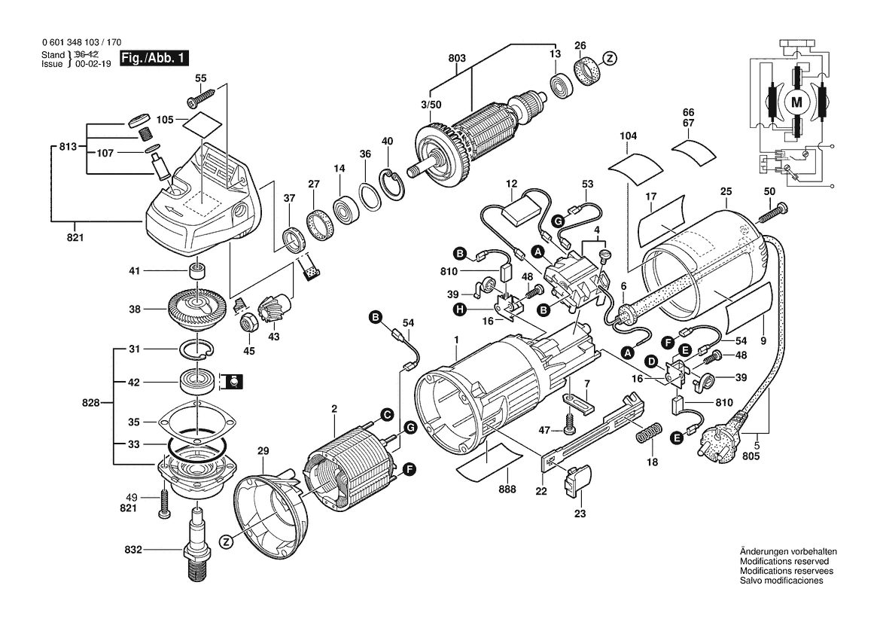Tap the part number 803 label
[457, 58]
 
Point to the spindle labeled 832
[197, 546]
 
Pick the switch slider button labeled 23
[579, 480]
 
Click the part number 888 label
[507, 489]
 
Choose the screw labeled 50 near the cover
[772, 212]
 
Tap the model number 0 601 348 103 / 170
[82, 44]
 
